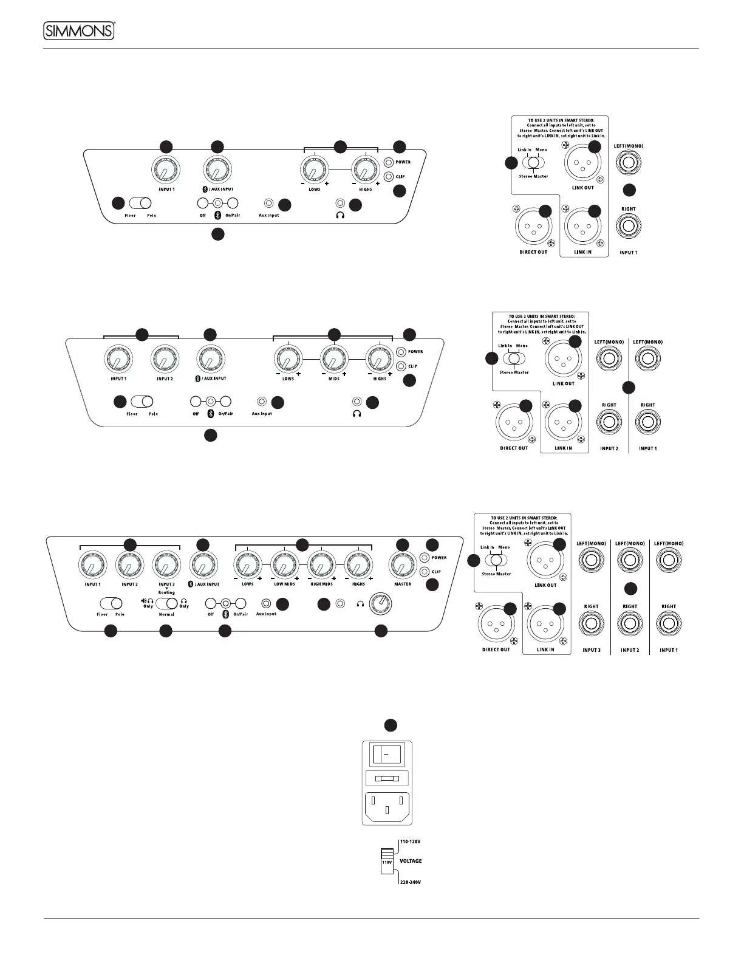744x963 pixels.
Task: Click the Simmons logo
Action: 80,30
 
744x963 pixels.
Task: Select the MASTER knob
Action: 402,565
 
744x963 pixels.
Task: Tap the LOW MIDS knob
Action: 283,565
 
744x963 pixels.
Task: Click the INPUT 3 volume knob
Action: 166,565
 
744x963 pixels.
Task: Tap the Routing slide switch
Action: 166,603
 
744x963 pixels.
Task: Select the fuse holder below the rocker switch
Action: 386,778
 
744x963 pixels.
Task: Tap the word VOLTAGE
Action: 411,861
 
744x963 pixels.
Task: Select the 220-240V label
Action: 410,882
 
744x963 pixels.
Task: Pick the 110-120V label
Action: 410,841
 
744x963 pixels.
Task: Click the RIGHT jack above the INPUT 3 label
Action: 591,624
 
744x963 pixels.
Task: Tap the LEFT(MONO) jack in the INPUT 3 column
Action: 591,560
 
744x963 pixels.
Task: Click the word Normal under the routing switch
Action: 166,614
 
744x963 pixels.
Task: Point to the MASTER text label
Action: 402,584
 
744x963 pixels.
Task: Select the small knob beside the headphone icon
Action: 384,604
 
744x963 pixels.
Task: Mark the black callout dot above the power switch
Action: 391,724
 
